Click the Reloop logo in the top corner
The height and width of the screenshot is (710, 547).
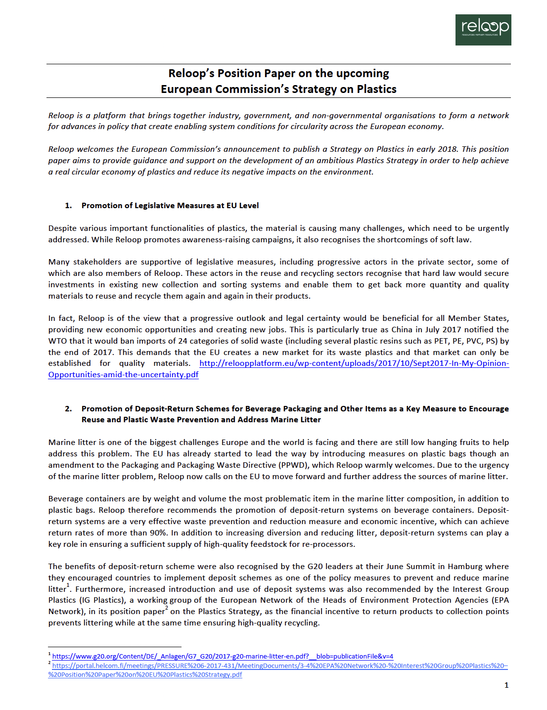point(483,30)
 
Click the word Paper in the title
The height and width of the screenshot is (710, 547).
point(278,74)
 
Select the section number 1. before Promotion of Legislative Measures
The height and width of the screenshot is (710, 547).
point(68,206)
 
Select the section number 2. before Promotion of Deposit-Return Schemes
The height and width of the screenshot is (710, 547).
point(68,409)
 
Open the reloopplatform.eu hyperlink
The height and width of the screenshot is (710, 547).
point(354,363)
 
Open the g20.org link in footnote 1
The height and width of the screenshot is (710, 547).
point(223,657)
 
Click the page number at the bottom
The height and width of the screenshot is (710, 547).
point(506,685)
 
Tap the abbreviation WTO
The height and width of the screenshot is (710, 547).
point(57,341)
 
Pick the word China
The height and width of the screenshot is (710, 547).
point(401,330)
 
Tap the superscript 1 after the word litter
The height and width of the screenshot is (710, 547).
point(68,585)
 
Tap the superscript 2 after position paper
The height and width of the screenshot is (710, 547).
point(167,608)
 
